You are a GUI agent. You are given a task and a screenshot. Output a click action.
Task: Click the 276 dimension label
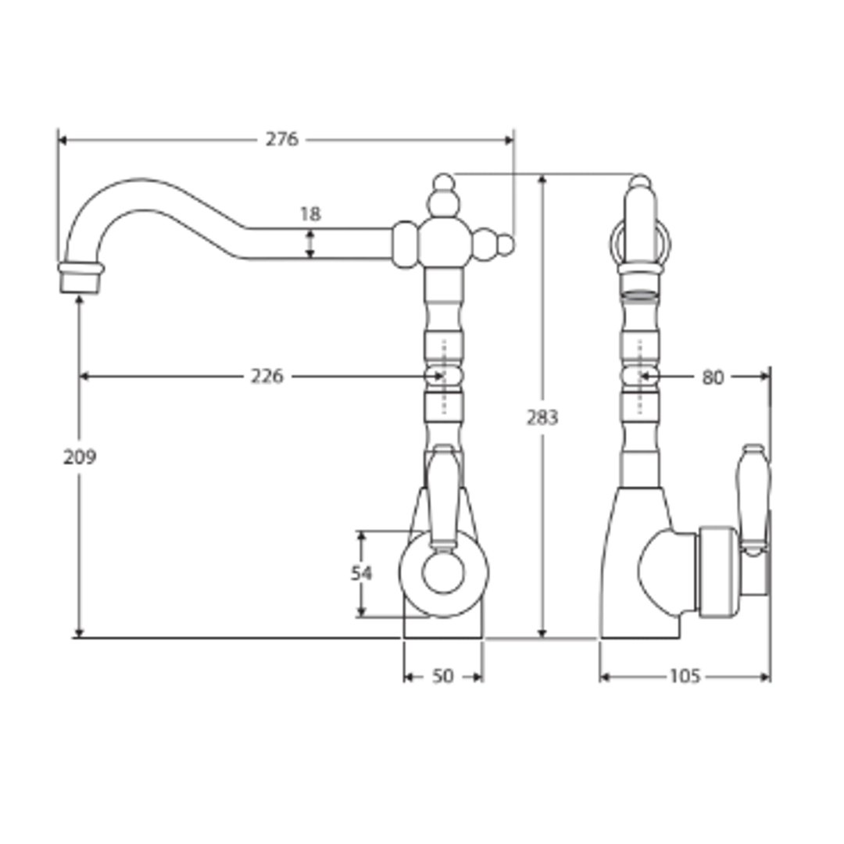point(281,140)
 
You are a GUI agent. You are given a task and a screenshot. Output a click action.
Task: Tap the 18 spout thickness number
point(310,214)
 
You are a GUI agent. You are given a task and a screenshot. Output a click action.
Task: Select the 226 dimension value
point(266,377)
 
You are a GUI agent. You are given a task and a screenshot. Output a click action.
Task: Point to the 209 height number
point(80,457)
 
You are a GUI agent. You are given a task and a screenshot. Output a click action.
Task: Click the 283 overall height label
point(542,418)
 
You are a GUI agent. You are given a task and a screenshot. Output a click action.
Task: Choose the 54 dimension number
point(361,574)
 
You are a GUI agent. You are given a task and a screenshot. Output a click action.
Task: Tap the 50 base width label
point(442,677)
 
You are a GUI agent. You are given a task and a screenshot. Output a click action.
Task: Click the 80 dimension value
point(713,378)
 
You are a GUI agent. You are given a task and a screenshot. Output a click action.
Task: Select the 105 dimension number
point(685,677)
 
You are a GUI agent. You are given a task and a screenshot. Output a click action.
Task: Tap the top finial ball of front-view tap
point(443,183)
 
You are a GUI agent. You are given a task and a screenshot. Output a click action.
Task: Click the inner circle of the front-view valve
point(443,573)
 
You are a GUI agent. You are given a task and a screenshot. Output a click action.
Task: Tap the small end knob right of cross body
point(506,245)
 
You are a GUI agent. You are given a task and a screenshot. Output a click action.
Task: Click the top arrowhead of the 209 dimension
point(80,300)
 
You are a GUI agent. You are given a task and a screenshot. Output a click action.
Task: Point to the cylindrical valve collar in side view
point(717,569)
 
